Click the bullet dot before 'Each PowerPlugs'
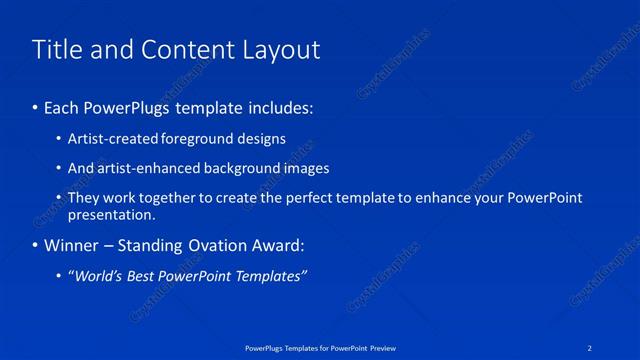coord(36,105)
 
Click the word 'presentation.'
coord(111,214)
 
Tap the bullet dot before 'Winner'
coord(36,246)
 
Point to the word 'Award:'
coord(281,246)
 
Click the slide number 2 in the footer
coord(592,348)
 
